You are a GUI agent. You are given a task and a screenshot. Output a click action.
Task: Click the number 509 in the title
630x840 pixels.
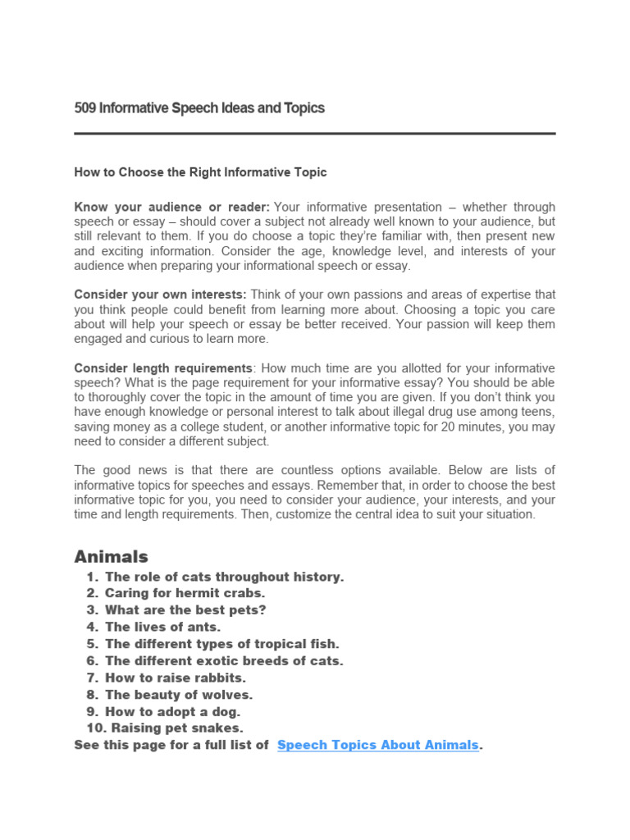84,108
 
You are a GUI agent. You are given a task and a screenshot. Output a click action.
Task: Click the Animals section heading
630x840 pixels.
112,557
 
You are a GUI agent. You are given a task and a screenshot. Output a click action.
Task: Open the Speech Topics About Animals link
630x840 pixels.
377,745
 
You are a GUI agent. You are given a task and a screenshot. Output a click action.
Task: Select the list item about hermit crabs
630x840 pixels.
185,593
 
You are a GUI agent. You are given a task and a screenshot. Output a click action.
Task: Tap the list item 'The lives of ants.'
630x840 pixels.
163,627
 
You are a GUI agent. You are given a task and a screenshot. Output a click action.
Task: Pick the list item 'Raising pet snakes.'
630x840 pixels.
175,728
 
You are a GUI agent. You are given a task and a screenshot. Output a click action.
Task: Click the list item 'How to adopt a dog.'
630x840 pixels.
173,711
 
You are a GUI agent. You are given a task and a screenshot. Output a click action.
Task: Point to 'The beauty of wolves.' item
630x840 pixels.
179,694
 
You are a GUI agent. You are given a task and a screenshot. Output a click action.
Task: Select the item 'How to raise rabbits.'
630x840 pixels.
176,678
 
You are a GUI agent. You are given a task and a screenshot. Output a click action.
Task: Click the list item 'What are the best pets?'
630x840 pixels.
185,610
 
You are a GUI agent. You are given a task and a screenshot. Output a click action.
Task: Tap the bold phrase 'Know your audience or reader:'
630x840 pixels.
171,207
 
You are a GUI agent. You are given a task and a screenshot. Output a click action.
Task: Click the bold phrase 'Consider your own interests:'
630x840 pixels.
161,294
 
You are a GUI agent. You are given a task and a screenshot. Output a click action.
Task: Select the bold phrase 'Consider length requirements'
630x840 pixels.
162,368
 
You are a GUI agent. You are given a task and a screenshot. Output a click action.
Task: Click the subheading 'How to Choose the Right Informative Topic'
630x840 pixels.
200,172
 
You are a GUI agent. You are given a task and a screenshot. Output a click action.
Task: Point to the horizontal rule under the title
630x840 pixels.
314,133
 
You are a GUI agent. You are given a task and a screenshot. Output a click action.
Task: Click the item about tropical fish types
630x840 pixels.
221,644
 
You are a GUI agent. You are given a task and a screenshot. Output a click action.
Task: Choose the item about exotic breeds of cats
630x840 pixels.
224,660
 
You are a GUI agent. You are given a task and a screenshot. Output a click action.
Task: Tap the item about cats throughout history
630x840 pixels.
224,577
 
